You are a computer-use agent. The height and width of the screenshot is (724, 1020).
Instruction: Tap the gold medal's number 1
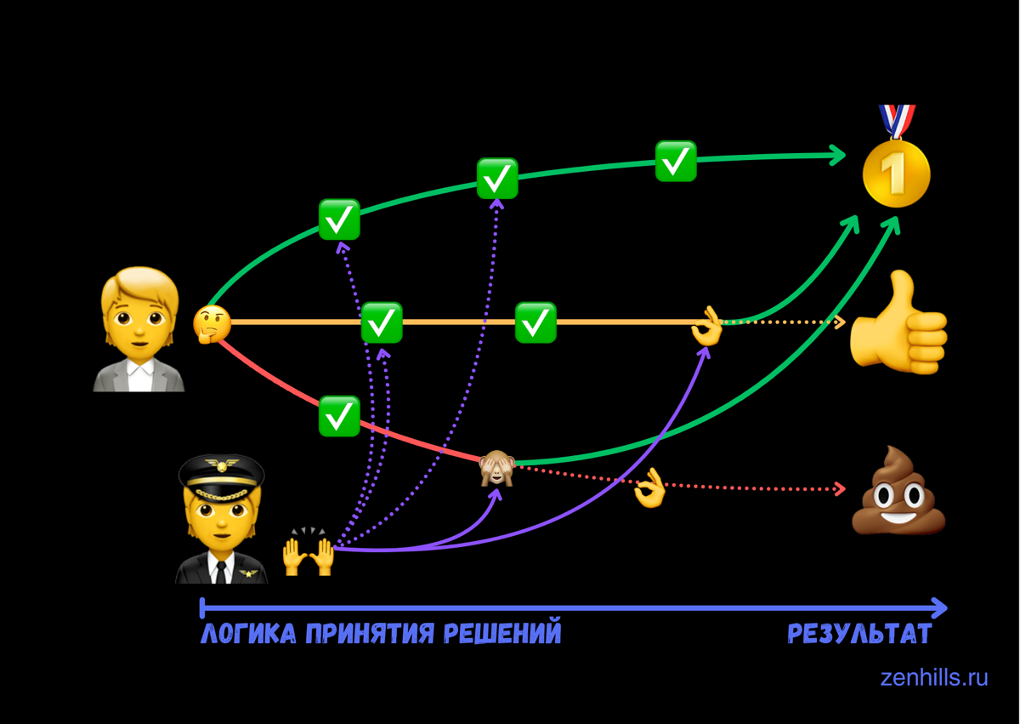click(x=896, y=174)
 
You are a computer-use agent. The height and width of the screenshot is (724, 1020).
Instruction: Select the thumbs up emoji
click(x=898, y=322)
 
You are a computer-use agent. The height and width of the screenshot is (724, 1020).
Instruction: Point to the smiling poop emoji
click(x=899, y=493)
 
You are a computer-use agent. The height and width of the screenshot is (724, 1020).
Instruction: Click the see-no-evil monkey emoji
click(x=497, y=468)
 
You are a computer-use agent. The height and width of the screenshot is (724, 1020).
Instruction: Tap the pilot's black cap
click(x=221, y=470)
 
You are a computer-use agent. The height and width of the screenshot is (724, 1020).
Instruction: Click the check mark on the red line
click(x=339, y=416)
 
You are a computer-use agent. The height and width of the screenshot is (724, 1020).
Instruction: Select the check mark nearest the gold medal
click(x=676, y=161)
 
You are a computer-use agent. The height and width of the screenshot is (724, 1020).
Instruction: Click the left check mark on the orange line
click(x=382, y=322)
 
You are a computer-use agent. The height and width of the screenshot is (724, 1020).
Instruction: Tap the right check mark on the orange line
click(x=535, y=322)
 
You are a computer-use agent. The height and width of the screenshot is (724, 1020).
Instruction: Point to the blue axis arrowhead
click(x=938, y=607)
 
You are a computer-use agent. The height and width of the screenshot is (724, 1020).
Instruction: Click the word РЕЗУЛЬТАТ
click(x=859, y=635)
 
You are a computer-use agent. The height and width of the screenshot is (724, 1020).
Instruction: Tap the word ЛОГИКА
click(x=247, y=635)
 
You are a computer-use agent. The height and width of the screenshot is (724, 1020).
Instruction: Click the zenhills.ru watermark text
click(x=934, y=678)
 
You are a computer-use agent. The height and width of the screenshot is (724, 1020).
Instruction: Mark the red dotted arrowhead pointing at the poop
click(x=841, y=488)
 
